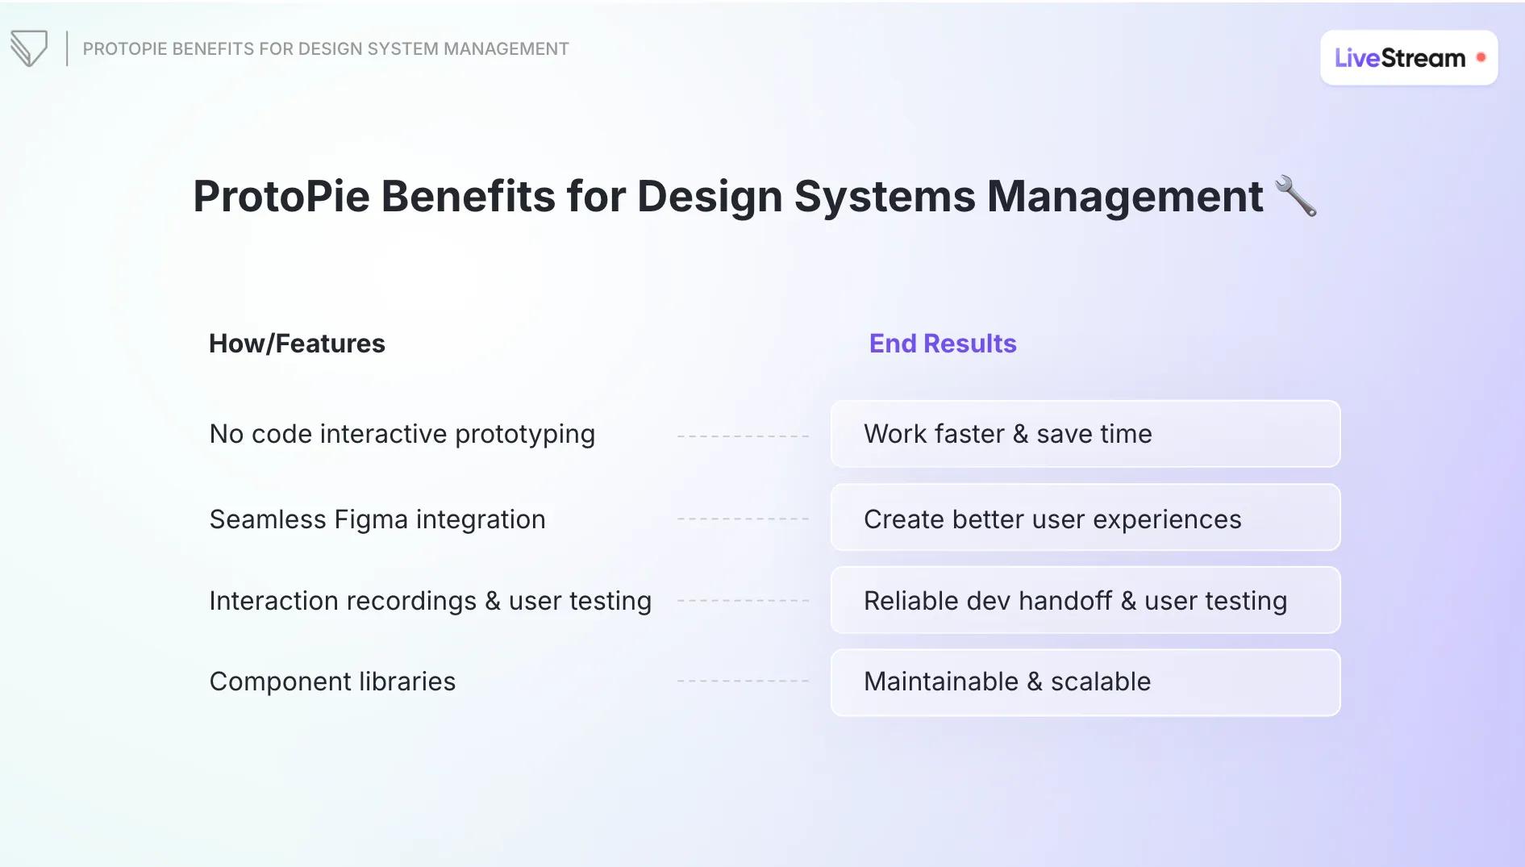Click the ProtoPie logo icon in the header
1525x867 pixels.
(29, 48)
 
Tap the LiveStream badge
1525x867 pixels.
(1407, 58)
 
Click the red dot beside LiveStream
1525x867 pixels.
(1481, 57)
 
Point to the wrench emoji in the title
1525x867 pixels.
(1296, 196)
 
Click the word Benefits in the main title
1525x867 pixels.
(468, 196)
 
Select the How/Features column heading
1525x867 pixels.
(297, 344)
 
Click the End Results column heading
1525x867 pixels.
(942, 344)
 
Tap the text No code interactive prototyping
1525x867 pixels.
(402, 434)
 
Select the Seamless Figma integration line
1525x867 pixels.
(377, 519)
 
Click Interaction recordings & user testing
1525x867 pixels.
(430, 601)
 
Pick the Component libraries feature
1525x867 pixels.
(332, 682)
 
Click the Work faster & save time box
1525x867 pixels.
(1085, 434)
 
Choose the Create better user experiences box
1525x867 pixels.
(1085, 518)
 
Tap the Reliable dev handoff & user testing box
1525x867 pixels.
(1085, 600)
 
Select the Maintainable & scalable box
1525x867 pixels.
(1085, 682)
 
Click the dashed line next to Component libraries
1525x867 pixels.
(743, 682)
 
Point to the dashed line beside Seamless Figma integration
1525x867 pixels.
(743, 519)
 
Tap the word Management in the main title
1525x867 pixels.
(1125, 196)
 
